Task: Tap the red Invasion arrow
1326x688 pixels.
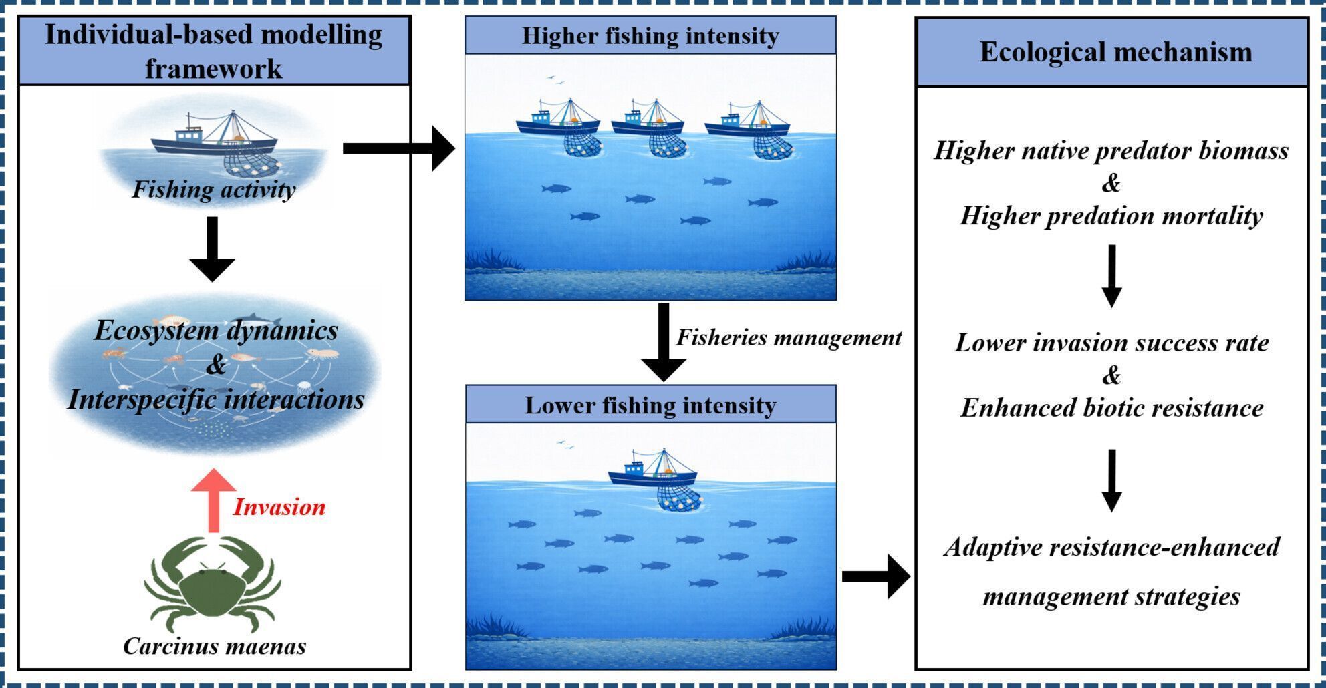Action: click(x=213, y=500)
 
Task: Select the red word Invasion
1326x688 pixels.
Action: click(x=279, y=507)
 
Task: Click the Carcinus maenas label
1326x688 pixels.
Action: click(x=215, y=646)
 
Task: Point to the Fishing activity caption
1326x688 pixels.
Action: click(x=213, y=189)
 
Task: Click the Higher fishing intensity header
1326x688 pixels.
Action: click(x=650, y=35)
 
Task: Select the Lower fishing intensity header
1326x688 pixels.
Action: click(x=650, y=405)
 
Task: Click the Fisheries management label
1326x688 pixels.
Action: click(x=789, y=337)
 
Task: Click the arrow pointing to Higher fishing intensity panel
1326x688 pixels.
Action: click(x=398, y=148)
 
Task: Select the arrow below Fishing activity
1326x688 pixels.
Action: click(x=213, y=248)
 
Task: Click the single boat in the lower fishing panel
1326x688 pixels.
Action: click(x=653, y=472)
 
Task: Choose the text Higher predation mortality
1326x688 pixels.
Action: click(x=1111, y=216)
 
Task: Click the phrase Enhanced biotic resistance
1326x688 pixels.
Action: click(x=1111, y=408)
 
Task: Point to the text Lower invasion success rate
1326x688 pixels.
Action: click(x=1111, y=343)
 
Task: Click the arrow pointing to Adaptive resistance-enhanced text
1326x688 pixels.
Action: click(x=876, y=576)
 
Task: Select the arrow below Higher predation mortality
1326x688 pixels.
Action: click(x=1111, y=275)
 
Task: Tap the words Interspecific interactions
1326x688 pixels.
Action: click(x=216, y=399)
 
